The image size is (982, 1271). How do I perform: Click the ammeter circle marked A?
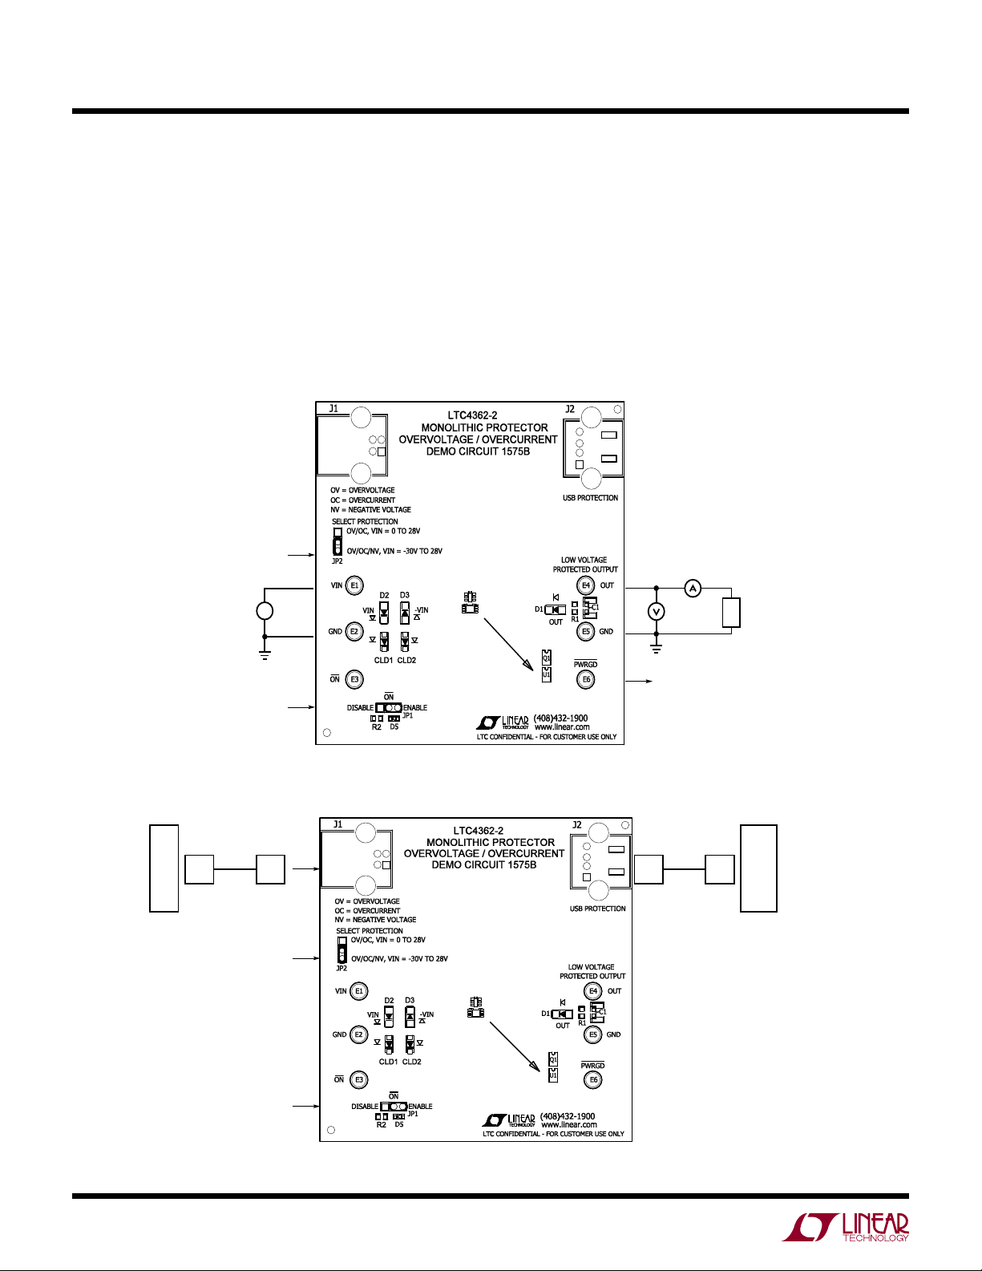click(x=693, y=589)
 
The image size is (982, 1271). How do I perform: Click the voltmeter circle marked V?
click(x=657, y=612)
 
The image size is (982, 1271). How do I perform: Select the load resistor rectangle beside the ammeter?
click(x=730, y=612)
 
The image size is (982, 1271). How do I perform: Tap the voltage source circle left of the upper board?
click(x=265, y=611)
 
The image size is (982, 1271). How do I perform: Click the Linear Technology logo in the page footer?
click(x=847, y=1227)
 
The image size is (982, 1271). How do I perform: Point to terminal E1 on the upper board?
click(x=354, y=585)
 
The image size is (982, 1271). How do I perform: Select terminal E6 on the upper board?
click(x=586, y=679)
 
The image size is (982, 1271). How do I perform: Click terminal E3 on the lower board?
click(x=359, y=1079)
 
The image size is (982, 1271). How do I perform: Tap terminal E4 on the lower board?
click(x=593, y=991)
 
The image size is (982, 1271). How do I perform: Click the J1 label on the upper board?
click(x=333, y=409)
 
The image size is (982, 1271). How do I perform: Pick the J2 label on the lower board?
click(x=577, y=824)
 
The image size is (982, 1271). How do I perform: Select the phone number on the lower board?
click(x=568, y=1116)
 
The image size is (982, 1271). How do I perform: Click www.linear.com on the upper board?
click(x=562, y=727)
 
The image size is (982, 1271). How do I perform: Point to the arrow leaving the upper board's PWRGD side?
click(x=639, y=681)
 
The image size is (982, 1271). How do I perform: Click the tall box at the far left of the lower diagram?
click(x=164, y=868)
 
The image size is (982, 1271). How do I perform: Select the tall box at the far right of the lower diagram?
click(x=758, y=868)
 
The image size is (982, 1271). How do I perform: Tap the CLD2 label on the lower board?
click(x=411, y=1062)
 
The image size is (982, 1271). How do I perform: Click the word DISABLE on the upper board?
click(x=360, y=708)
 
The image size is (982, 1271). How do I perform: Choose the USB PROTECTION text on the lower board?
click(x=597, y=909)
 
